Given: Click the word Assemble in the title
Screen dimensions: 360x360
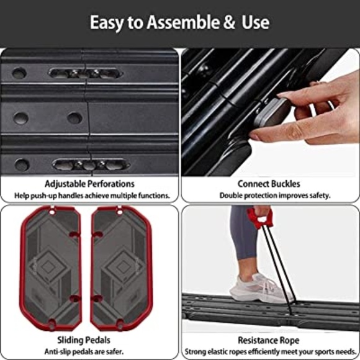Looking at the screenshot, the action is pyautogui.click(x=182, y=22).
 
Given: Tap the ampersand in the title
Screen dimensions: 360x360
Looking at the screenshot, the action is pyautogui.click(x=230, y=22).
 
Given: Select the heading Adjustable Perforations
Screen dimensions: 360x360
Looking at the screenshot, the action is pyautogui.click(x=89, y=184).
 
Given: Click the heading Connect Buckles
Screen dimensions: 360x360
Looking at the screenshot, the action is pyautogui.click(x=269, y=184).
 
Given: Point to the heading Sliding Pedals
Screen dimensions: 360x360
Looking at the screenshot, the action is pyautogui.click(x=84, y=340).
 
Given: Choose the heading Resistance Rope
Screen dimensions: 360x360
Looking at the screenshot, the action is pyautogui.click(x=269, y=340).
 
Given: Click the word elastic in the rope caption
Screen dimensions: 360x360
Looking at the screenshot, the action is pyautogui.click(x=219, y=351).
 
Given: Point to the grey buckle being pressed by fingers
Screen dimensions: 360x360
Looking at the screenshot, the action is pyautogui.click(x=272, y=112).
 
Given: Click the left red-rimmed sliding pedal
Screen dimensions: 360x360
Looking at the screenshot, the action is pyautogui.click(x=50, y=268).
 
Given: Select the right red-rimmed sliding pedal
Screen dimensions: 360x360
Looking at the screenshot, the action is pyautogui.click(x=121, y=268).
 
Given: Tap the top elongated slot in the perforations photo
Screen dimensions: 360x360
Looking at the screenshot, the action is pyautogui.click(x=86, y=74).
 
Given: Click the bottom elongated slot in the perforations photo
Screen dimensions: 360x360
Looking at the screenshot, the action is pyautogui.click(x=91, y=164).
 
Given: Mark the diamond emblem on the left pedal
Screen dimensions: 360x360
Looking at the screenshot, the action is pyautogui.click(x=48, y=266).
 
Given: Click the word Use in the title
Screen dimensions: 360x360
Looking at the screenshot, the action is pyautogui.click(x=255, y=22).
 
